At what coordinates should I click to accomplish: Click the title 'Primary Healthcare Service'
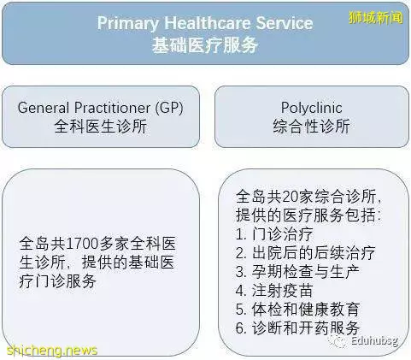click(x=205, y=23)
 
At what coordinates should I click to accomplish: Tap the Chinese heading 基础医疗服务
click(x=205, y=45)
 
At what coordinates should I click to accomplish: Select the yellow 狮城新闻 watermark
click(x=376, y=17)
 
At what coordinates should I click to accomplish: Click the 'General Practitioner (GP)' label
click(x=100, y=108)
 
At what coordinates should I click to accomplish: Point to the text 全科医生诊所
click(x=101, y=126)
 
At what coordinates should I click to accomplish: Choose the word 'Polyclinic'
click(x=311, y=108)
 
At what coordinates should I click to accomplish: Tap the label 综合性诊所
click(x=311, y=126)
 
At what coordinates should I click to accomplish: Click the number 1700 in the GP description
click(x=83, y=244)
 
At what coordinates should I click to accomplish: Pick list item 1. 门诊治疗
click(x=274, y=234)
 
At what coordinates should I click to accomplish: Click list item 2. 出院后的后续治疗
click(x=305, y=253)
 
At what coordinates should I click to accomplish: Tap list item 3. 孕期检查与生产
click(x=297, y=272)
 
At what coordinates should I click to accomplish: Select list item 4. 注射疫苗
click(x=274, y=291)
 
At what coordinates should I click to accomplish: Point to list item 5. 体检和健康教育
click(x=297, y=310)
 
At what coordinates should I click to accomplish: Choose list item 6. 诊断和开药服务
click(x=297, y=328)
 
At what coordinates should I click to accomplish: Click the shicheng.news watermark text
click(x=52, y=351)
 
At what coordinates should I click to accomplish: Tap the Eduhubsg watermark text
click(x=374, y=340)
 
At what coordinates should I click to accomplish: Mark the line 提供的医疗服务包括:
click(x=308, y=215)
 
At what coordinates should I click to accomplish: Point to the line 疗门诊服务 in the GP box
click(x=58, y=281)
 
